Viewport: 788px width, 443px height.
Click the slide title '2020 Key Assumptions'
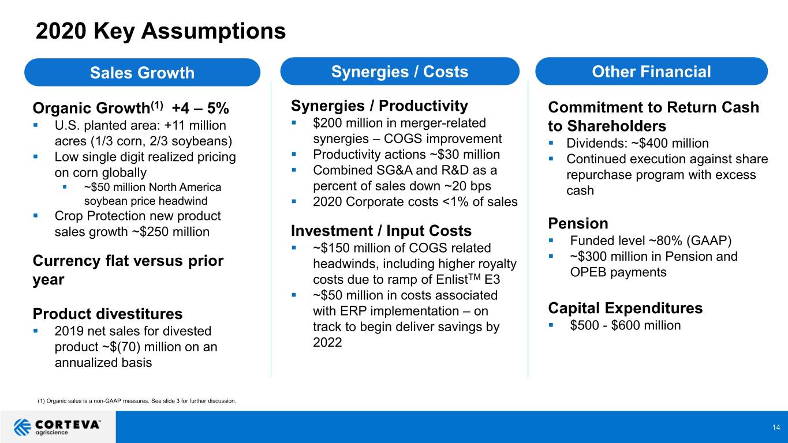click(x=160, y=31)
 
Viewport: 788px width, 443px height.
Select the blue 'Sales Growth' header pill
click(x=142, y=73)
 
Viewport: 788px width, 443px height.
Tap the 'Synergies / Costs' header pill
click(x=399, y=72)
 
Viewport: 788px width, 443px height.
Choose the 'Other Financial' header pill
click(x=651, y=72)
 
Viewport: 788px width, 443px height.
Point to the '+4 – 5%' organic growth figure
click(x=200, y=108)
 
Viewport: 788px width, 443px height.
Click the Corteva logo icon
click(x=22, y=427)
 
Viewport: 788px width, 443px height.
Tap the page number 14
click(x=776, y=427)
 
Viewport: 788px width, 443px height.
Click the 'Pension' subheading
click(x=578, y=223)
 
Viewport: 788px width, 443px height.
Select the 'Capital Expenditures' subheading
click(x=625, y=308)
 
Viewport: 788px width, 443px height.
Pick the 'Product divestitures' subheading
click(x=107, y=314)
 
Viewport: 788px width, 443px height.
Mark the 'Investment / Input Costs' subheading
click(x=381, y=231)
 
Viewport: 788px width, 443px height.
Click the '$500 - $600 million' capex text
click(x=625, y=325)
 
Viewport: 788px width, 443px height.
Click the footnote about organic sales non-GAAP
click(x=136, y=401)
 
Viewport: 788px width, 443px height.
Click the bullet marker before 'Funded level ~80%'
click(x=551, y=241)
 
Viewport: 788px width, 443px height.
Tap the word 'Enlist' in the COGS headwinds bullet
click(x=451, y=280)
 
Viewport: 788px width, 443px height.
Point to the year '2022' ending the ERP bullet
click(x=327, y=343)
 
